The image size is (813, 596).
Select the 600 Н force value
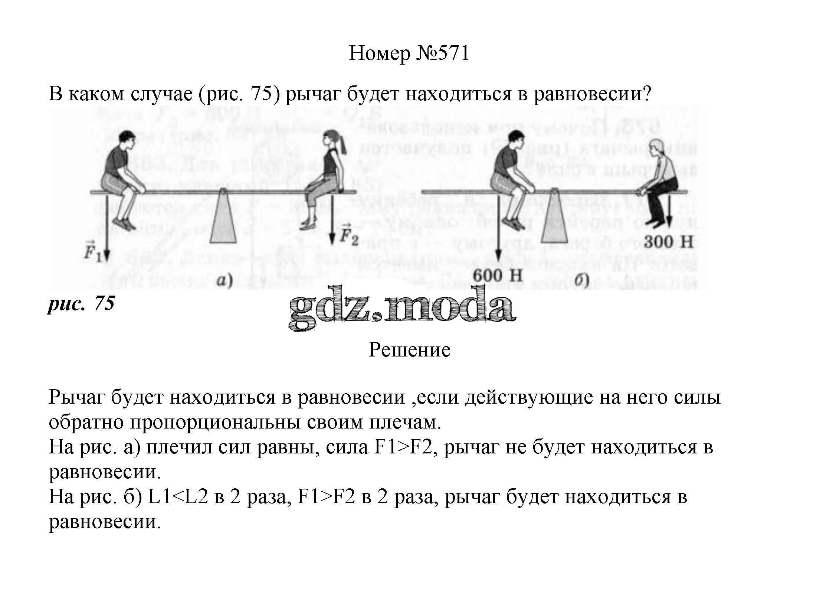497,276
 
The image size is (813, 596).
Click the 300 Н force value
668,242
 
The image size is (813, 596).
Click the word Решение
409,349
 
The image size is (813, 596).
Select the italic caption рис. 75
81,303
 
